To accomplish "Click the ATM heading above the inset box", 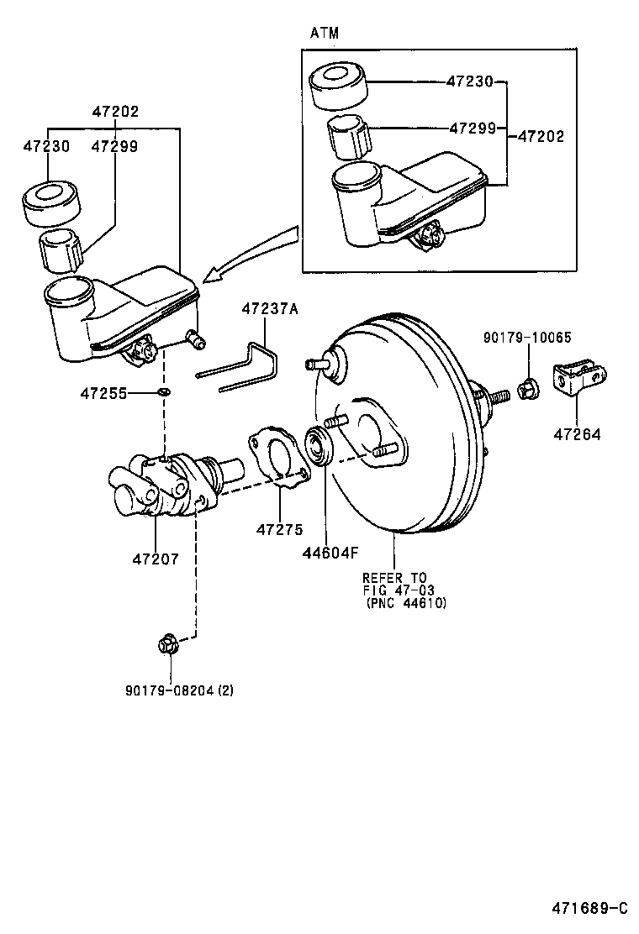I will click(325, 33).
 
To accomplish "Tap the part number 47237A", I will click(270, 309).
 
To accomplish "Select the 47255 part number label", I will click(103, 392).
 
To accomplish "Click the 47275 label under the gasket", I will click(279, 528).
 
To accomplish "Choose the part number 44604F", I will click(330, 552).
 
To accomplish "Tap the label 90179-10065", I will click(526, 338).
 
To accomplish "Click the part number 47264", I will click(577, 434).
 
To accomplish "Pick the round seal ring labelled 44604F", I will click(320, 444).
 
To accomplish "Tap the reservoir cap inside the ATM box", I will click(339, 85).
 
